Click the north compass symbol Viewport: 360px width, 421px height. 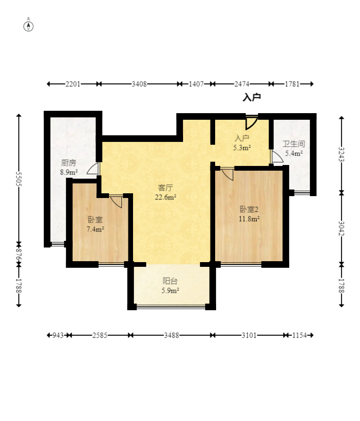click(x=28, y=26)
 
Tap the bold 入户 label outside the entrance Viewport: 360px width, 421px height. click(x=252, y=97)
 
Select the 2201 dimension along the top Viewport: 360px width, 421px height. click(x=73, y=84)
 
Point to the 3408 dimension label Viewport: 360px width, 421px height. click(x=139, y=84)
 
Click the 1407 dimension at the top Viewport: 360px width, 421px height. click(x=196, y=84)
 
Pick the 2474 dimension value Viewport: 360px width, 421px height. click(x=242, y=84)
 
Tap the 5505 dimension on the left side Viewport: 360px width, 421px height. click(x=19, y=179)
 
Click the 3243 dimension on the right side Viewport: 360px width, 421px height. click(x=342, y=154)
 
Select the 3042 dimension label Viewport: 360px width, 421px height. click(x=342, y=228)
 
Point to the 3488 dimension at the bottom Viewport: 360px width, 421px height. click(x=171, y=335)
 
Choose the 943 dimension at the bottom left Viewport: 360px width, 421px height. click(x=58, y=335)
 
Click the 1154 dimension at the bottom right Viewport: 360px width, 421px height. click(x=299, y=335)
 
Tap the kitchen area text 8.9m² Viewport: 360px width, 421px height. click(x=69, y=172)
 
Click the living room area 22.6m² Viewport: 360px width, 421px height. click(x=166, y=197)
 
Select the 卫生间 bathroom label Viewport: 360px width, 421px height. click(x=293, y=144)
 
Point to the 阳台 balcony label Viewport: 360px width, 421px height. click(x=170, y=281)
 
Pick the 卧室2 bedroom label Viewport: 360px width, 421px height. click(x=249, y=209)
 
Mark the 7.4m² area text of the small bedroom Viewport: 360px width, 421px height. click(x=95, y=229)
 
